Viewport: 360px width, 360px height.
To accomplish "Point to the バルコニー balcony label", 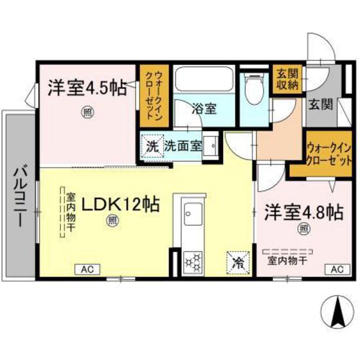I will [x=19, y=194].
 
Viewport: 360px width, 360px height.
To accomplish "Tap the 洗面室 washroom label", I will [x=183, y=145].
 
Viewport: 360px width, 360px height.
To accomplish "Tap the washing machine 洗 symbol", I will [x=152, y=145].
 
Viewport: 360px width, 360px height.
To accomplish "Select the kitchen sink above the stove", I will [x=192, y=212].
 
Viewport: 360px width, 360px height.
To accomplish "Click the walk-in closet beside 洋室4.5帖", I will [x=154, y=96].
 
